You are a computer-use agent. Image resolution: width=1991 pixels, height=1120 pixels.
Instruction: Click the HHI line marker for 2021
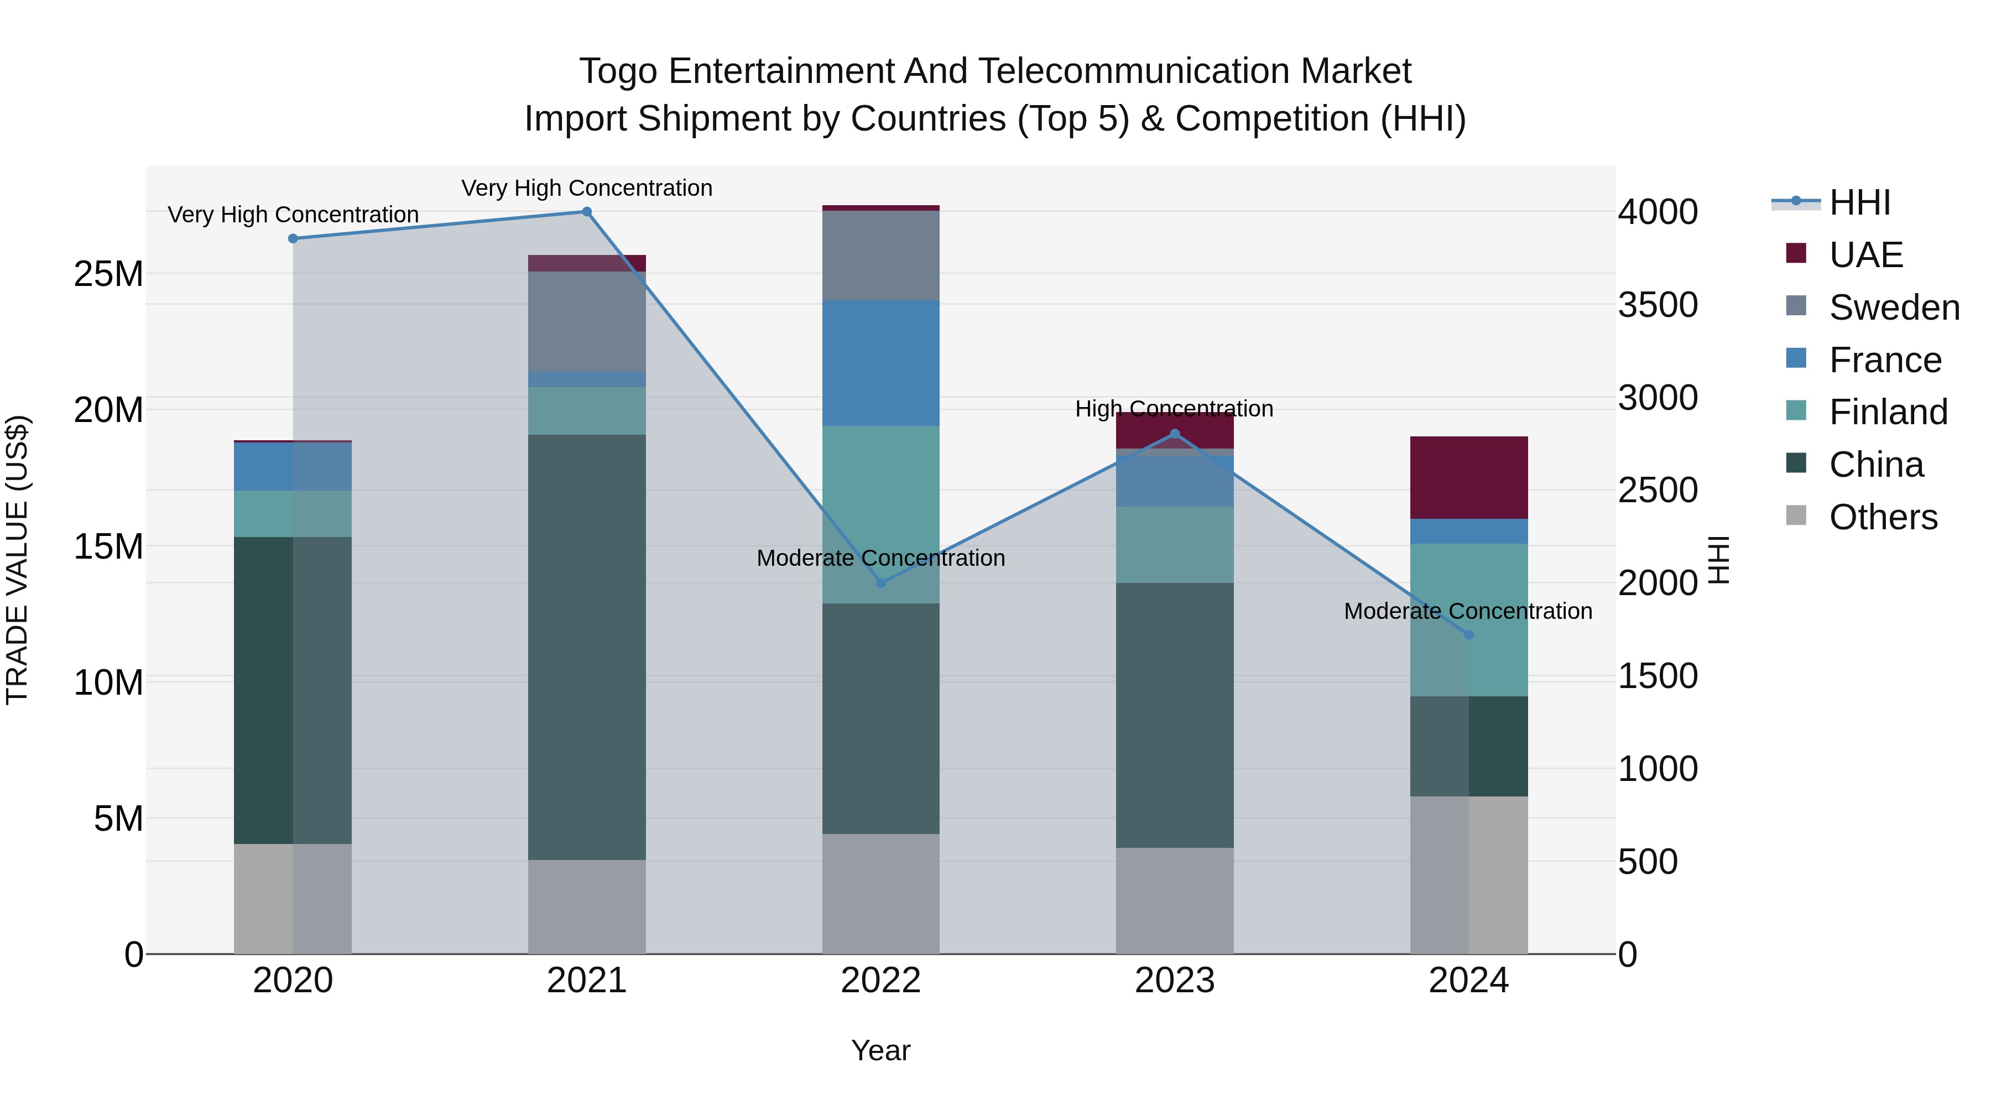[x=587, y=212]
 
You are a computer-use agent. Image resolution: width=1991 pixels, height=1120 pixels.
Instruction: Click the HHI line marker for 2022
[x=880, y=583]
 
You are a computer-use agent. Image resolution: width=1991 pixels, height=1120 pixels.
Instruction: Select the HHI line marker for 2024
[x=1468, y=634]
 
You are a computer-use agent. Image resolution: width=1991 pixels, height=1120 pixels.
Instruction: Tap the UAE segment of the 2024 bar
[x=1468, y=478]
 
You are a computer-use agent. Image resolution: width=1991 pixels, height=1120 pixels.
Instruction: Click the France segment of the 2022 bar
[x=880, y=363]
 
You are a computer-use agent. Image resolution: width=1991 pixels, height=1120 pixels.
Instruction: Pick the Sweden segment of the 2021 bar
[x=587, y=321]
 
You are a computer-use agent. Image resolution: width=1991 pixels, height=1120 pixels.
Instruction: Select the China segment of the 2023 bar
[x=1174, y=715]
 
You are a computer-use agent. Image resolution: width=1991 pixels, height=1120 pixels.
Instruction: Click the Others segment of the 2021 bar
[x=587, y=906]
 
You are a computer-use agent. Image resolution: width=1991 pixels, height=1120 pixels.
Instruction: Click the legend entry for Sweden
[x=1894, y=308]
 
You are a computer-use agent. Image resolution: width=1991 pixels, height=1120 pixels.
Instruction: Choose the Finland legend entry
[x=1888, y=412]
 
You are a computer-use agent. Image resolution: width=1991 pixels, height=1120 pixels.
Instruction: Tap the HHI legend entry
[x=1859, y=202]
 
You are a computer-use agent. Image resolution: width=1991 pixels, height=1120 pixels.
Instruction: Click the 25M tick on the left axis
[x=109, y=274]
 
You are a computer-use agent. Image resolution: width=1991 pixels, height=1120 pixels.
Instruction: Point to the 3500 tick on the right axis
[x=1658, y=305]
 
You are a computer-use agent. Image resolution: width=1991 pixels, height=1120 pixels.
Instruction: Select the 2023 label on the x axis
[x=1174, y=981]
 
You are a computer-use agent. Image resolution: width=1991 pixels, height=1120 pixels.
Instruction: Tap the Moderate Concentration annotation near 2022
[x=880, y=558]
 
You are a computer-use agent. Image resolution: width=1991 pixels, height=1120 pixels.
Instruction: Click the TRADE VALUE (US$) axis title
[x=18, y=560]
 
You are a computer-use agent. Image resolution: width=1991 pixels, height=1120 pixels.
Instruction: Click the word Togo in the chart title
[x=618, y=72]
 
